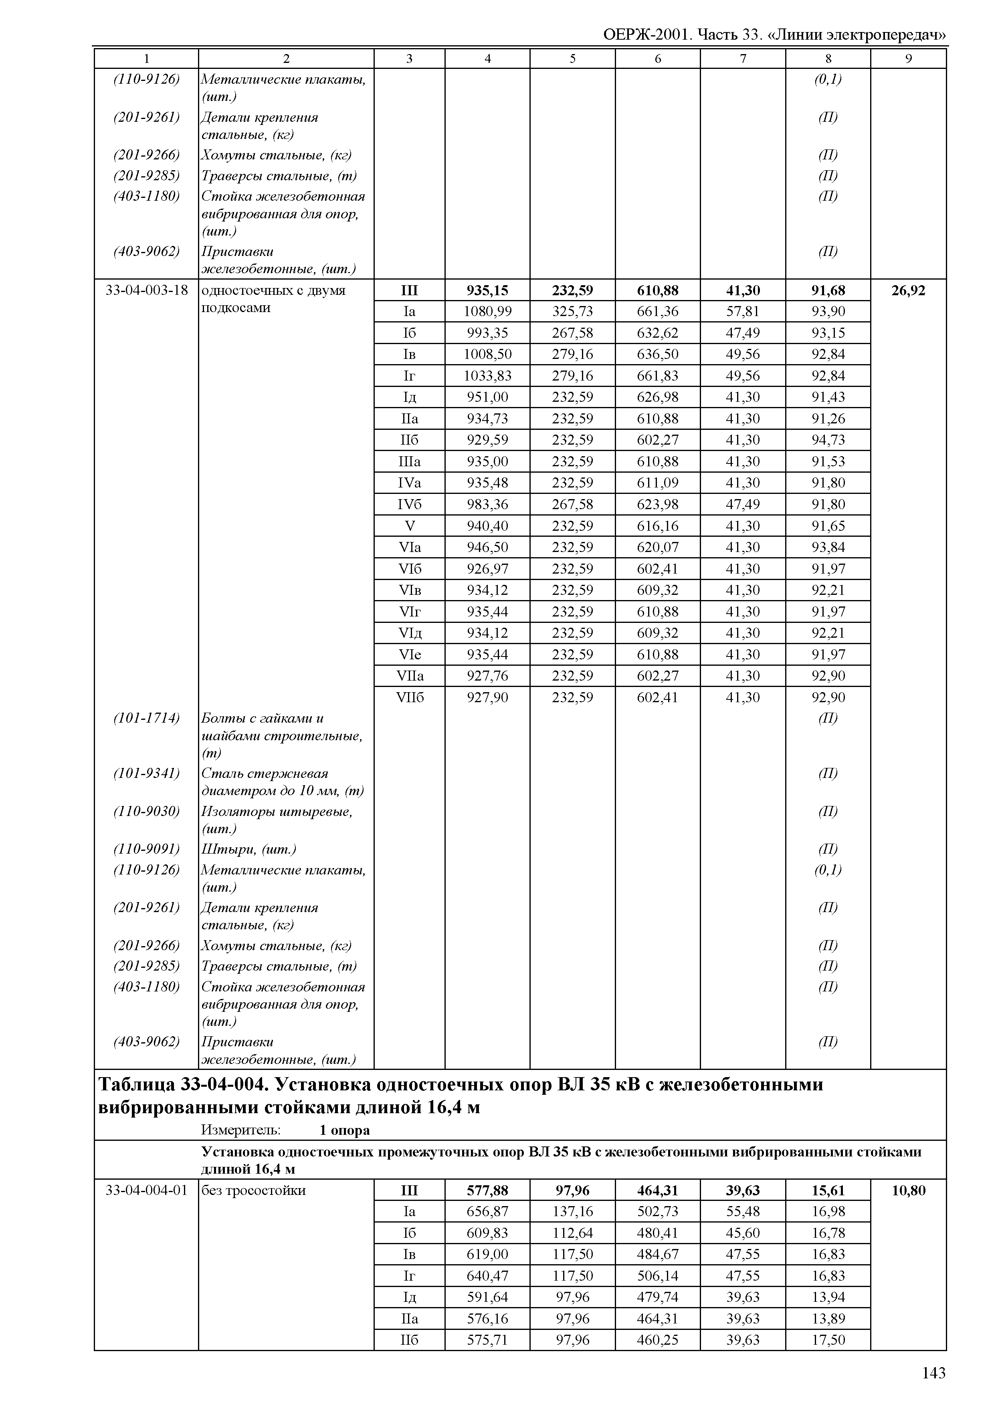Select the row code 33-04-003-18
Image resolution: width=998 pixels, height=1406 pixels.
pyautogui.click(x=146, y=290)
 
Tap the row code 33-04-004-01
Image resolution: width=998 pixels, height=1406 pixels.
pyautogui.click(x=146, y=1190)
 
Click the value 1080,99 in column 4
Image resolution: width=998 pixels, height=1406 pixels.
pyautogui.click(x=487, y=311)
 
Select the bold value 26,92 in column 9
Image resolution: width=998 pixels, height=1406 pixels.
pyautogui.click(x=908, y=290)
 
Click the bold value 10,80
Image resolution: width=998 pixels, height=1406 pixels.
pyautogui.click(x=908, y=1190)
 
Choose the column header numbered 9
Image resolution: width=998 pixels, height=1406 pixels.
pyautogui.click(x=908, y=59)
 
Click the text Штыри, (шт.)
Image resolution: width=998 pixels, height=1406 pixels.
pyautogui.click(x=249, y=850)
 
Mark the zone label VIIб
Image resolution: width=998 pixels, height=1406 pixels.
pyautogui.click(x=409, y=697)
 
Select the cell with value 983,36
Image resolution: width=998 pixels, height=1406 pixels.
pyautogui.click(x=487, y=504)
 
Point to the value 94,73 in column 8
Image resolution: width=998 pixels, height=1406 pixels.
pyautogui.click(x=828, y=440)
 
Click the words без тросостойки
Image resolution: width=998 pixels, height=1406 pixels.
pyautogui.click(x=253, y=1190)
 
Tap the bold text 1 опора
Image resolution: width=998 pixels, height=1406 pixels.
pyautogui.click(x=345, y=1130)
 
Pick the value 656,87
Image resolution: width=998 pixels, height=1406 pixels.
pyautogui.click(x=487, y=1211)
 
